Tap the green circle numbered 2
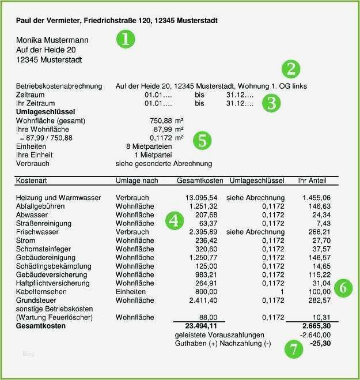click(x=291, y=69)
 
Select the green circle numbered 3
click(x=271, y=103)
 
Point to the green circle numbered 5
click(x=202, y=140)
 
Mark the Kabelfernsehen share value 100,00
click(x=319, y=292)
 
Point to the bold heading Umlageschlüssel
click(x=46, y=112)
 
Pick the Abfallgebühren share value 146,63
click(x=319, y=206)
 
